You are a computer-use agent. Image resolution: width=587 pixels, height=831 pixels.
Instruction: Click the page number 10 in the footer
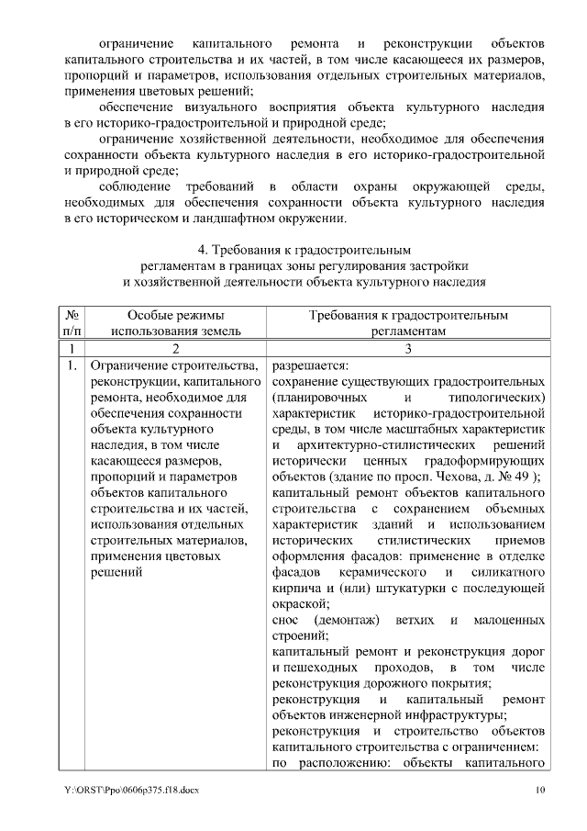point(541,790)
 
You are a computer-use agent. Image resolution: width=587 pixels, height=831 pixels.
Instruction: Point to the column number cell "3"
point(407,348)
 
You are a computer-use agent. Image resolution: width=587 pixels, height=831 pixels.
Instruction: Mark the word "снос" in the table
point(286,621)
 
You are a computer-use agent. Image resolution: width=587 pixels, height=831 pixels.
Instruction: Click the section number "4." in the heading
point(204,250)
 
